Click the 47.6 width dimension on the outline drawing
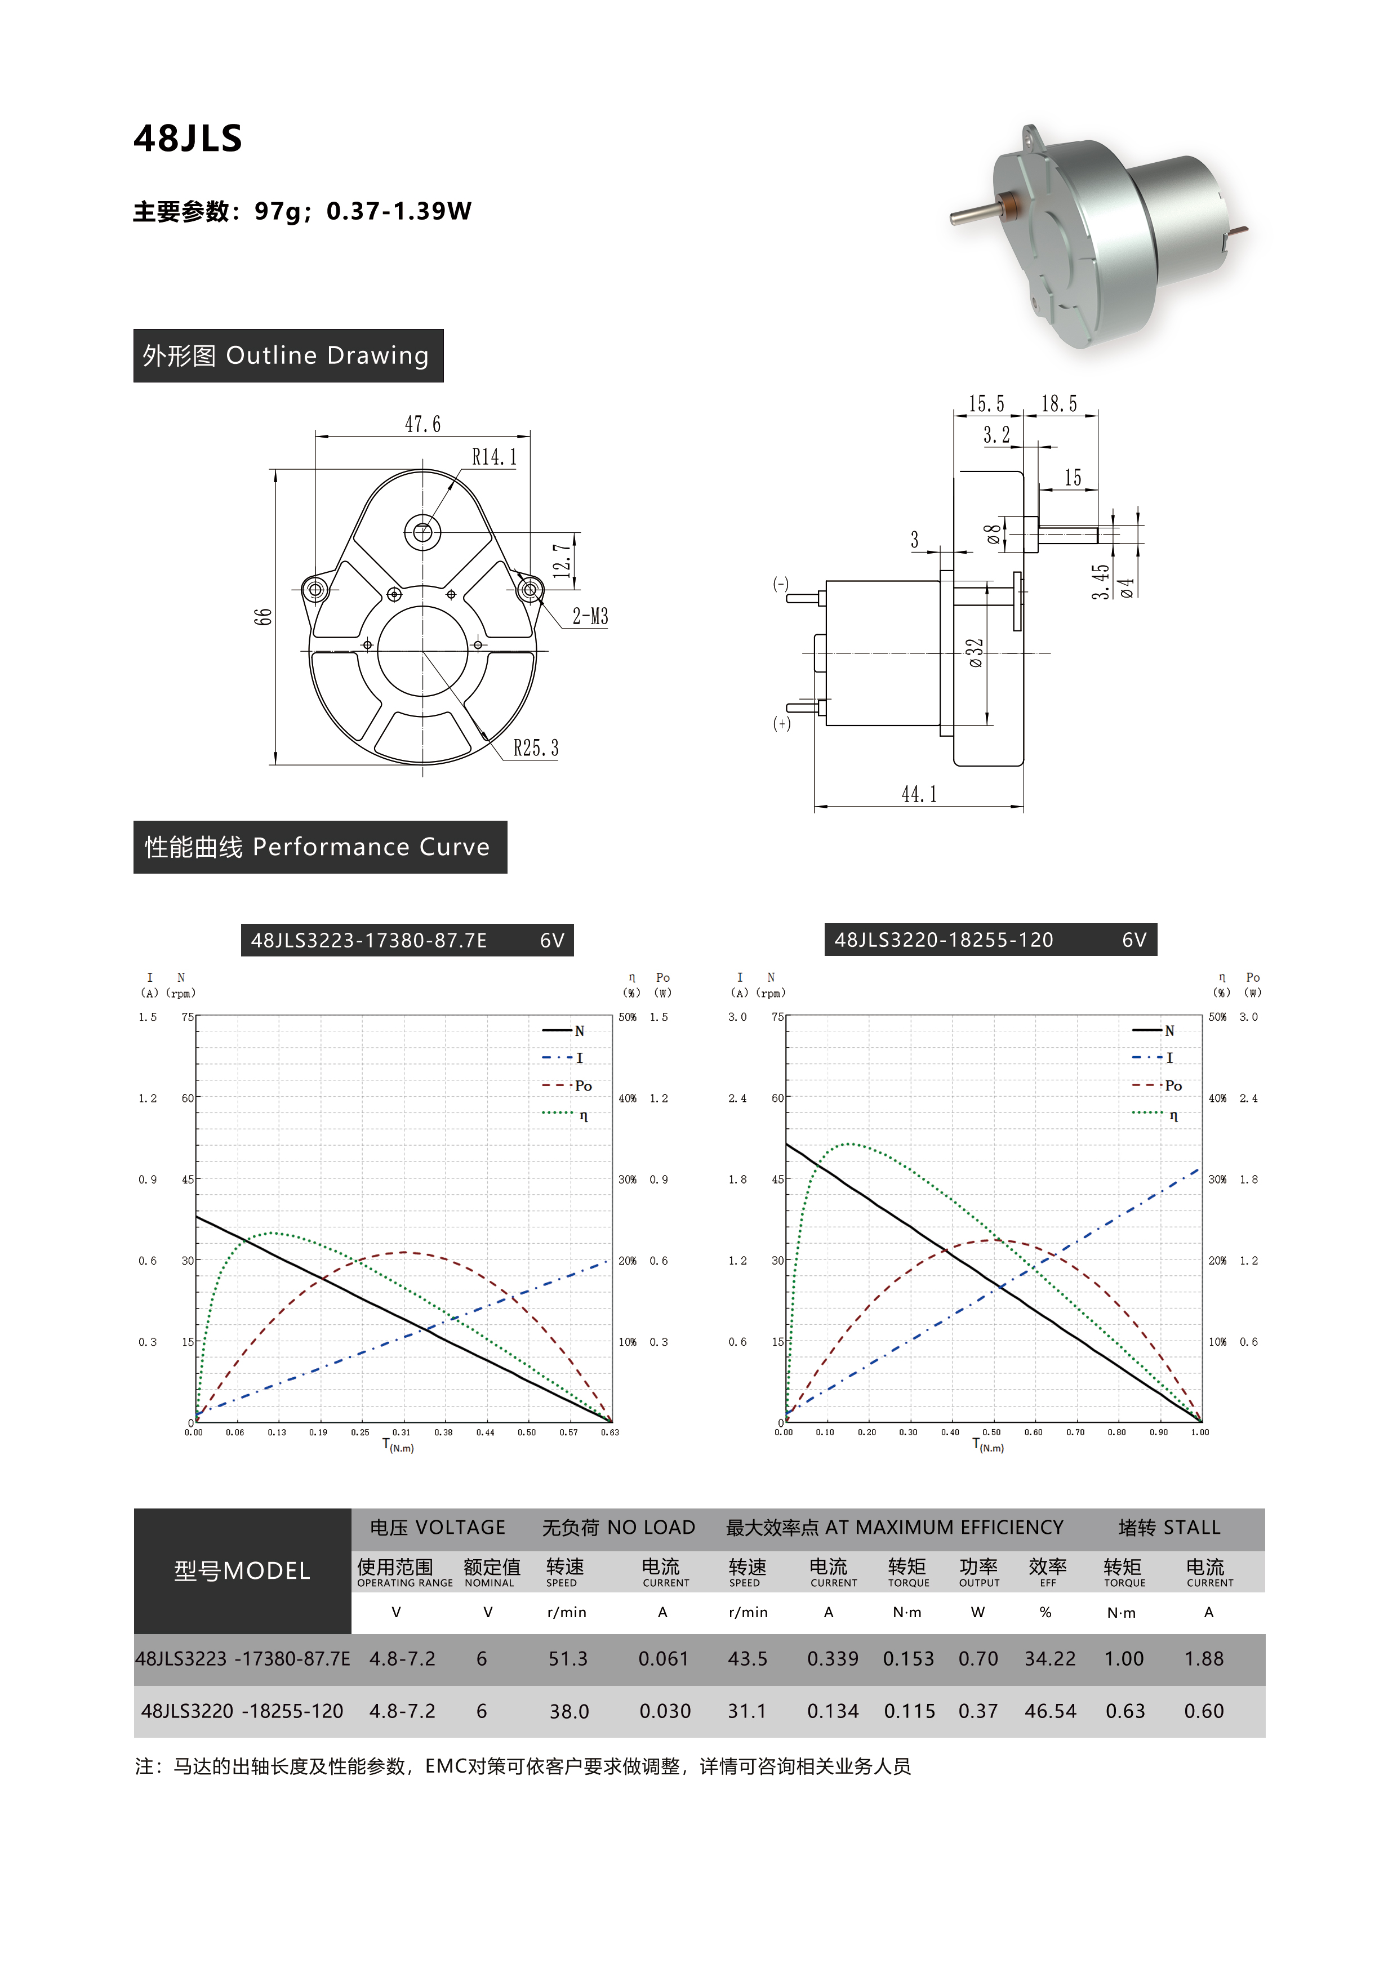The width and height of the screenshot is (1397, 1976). pos(422,424)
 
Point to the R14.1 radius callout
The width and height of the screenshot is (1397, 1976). pos(494,457)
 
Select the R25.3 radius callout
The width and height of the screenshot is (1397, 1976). pos(535,748)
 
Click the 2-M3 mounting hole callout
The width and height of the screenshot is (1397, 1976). pos(590,616)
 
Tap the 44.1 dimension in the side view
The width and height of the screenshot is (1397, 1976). pos(918,794)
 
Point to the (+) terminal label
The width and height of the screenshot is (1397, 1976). pos(781,724)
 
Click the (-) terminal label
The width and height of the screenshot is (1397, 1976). pos(781,584)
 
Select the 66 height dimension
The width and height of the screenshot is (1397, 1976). pos(263,616)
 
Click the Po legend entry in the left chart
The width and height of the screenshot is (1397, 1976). pos(582,1086)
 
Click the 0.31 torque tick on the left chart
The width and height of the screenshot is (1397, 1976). pos(401,1433)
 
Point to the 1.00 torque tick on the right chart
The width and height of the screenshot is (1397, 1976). pos(1200,1433)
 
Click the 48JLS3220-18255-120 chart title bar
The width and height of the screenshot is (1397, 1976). pos(990,940)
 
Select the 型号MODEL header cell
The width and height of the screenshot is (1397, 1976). pos(242,1570)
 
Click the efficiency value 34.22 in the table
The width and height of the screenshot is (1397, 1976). pos(1049,1658)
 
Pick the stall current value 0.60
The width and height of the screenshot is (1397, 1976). pos(1203,1711)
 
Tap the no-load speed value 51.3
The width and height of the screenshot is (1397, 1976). pos(568,1658)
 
